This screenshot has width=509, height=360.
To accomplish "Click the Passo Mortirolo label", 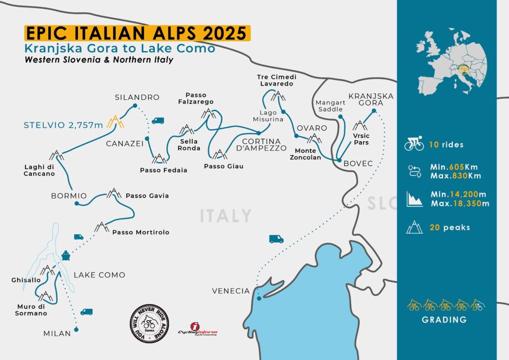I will coord(141,232).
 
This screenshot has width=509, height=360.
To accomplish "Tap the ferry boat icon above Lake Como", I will coord(66,256).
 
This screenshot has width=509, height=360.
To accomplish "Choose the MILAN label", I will coord(57,333).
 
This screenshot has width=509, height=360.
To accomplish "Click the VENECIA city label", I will coord(231,291).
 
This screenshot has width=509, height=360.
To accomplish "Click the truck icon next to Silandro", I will coord(158,120).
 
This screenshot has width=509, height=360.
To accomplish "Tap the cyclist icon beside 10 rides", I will coord(414,145).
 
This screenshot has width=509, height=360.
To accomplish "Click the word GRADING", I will coord(444,320).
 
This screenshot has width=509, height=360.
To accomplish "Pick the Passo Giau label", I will coord(224,166).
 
